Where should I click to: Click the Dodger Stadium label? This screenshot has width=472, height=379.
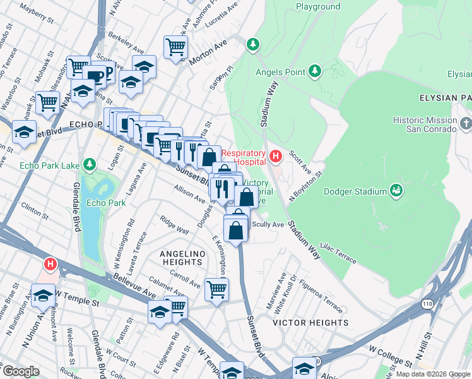point(355,191)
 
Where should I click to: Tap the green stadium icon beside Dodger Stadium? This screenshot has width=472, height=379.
point(397,190)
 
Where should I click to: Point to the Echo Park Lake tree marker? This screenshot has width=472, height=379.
point(90,165)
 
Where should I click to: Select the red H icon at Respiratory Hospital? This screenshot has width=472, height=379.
point(275,155)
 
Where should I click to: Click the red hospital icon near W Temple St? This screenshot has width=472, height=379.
point(50,264)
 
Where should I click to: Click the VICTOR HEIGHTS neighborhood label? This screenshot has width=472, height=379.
point(302,322)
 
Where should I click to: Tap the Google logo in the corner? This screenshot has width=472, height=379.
point(20,371)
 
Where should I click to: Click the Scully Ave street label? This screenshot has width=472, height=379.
point(268,224)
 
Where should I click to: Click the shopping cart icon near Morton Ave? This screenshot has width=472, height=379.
point(175,47)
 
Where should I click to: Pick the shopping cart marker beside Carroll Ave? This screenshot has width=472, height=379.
point(216,289)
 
